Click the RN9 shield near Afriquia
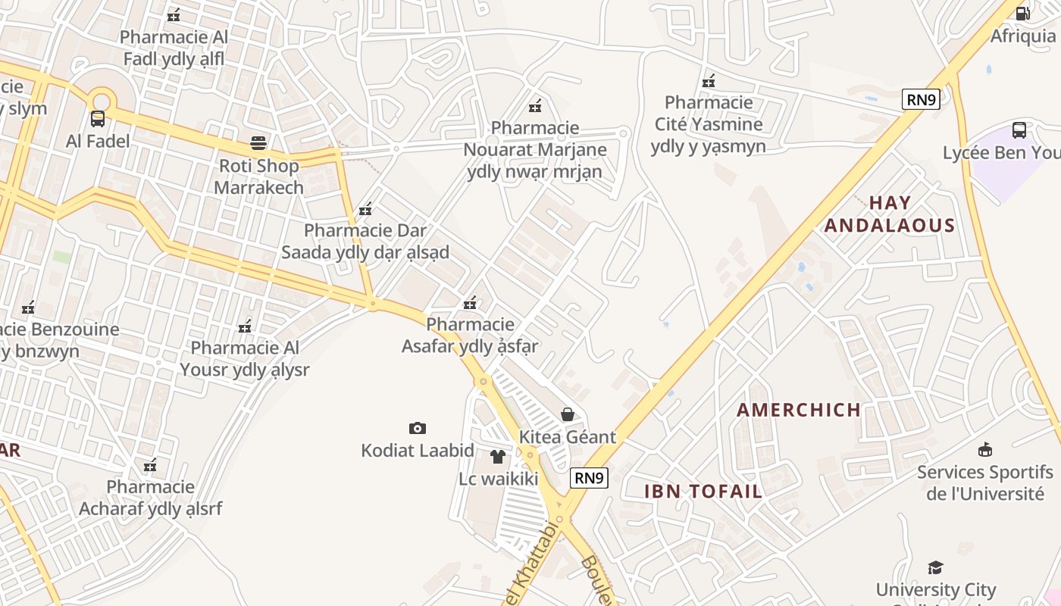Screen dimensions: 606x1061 (921, 99)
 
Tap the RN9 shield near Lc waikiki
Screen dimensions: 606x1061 (589, 477)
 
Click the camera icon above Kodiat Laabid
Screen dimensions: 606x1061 (417, 429)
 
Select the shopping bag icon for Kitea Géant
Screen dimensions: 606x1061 (567, 414)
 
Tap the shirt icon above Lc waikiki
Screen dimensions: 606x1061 (498, 457)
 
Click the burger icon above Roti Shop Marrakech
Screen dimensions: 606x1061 (258, 143)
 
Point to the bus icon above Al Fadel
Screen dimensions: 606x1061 (98, 119)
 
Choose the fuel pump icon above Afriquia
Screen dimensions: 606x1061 (1022, 13)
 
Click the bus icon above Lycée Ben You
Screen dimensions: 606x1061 (1019, 130)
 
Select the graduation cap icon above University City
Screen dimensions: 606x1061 (935, 567)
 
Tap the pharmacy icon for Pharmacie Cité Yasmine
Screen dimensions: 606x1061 (709, 80)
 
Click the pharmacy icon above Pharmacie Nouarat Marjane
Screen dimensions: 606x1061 (535, 105)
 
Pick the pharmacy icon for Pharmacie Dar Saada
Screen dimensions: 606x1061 (365, 208)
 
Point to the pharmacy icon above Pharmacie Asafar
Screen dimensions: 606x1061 (470, 303)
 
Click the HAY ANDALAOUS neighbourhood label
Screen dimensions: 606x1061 (890, 214)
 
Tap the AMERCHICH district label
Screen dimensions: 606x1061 (799, 410)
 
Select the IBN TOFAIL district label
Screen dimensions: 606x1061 (703, 491)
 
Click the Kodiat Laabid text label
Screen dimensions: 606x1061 (418, 451)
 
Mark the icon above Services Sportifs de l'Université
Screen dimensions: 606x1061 (984, 450)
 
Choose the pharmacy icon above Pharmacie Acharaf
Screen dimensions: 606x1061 (150, 464)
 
